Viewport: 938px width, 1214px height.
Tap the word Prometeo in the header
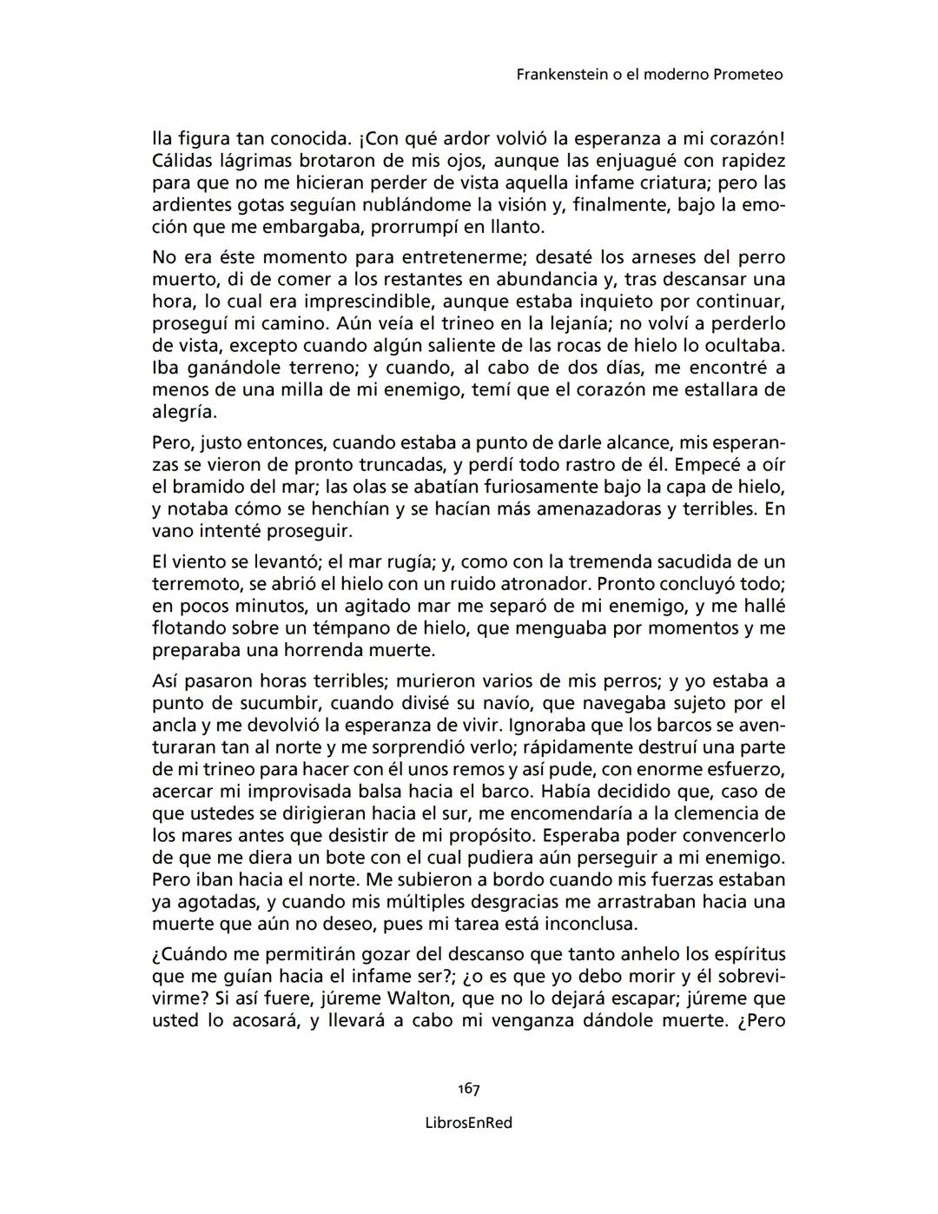click(x=748, y=75)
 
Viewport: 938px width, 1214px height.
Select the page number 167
click(x=469, y=1089)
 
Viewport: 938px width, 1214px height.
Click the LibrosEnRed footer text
click(x=469, y=1123)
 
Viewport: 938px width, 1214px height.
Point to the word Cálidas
click(x=182, y=161)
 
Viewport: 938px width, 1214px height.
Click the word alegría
click(x=183, y=412)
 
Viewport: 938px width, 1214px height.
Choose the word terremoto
click(x=196, y=584)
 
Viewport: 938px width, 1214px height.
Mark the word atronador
click(x=512, y=584)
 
